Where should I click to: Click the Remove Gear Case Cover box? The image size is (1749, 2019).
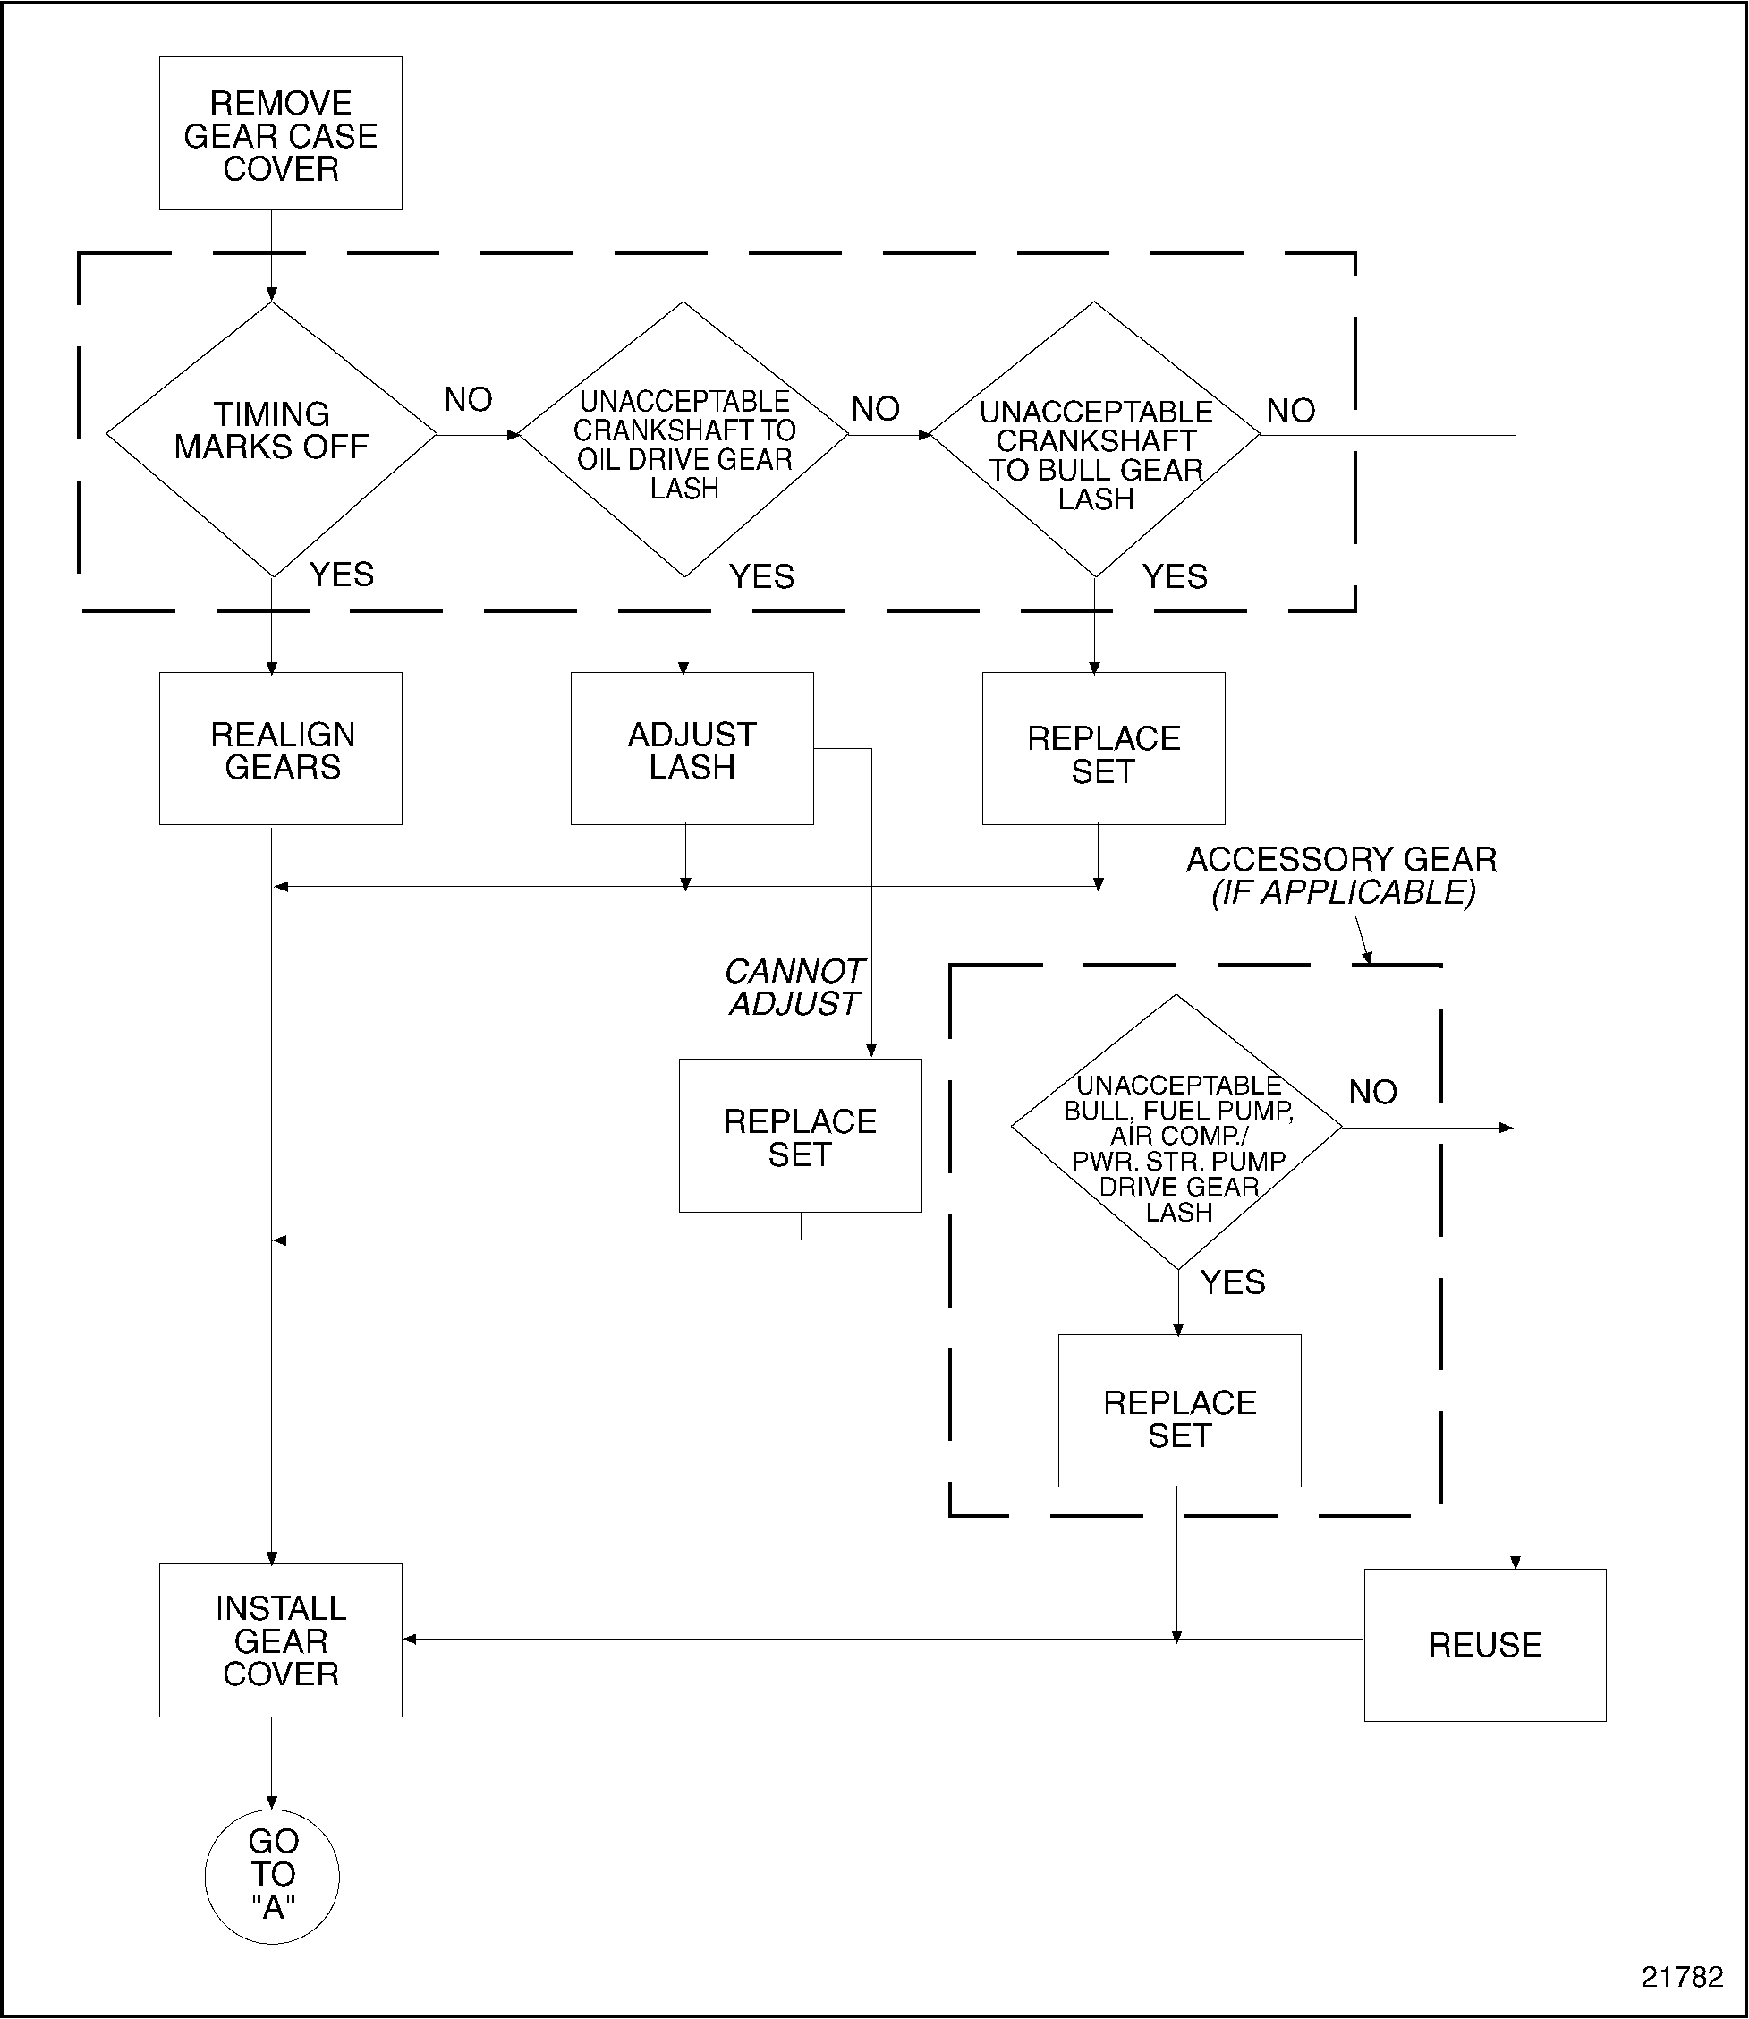(x=280, y=133)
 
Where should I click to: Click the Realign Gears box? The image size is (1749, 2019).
(x=280, y=749)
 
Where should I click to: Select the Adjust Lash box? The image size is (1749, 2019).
(x=691, y=749)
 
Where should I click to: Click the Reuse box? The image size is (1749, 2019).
(x=1484, y=1645)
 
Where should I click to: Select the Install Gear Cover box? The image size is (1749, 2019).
(x=280, y=1640)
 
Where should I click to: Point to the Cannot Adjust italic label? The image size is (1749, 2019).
(x=794, y=987)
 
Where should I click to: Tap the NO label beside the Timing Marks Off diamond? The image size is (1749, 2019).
(x=468, y=399)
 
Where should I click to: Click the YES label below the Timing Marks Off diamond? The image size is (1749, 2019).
(x=342, y=574)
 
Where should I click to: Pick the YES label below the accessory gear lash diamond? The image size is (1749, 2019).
(x=1233, y=1282)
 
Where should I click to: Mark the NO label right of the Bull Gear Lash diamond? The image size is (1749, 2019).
(x=1290, y=411)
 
